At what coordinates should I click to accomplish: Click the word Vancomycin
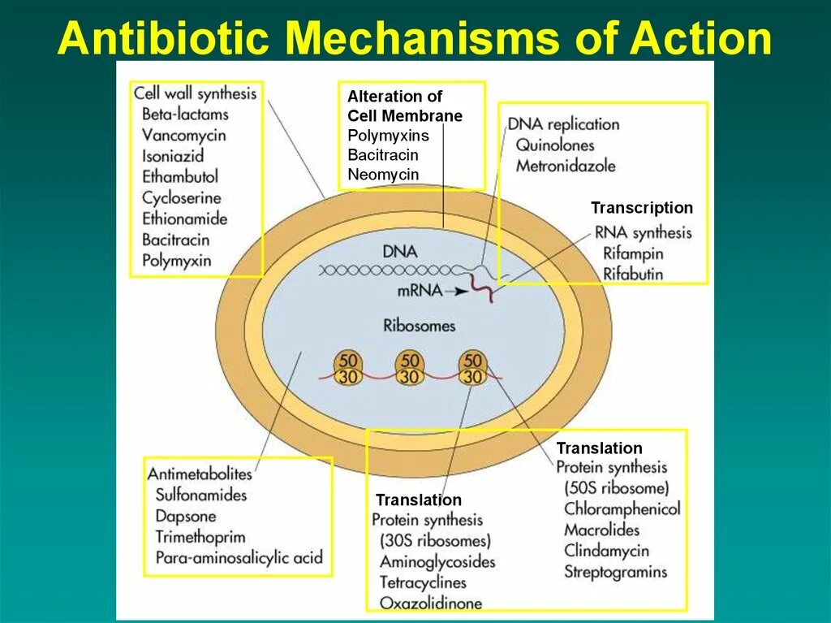pos(183,135)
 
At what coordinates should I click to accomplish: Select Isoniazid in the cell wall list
pos(172,156)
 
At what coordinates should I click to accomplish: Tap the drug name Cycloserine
pos(181,197)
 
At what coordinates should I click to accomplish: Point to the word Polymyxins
pos(388,136)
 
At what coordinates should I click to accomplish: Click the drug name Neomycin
pos(383,175)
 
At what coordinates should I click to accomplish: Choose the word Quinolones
pos(554,145)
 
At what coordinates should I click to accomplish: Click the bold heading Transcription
pos(642,208)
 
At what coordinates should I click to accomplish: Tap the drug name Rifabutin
pos(633,274)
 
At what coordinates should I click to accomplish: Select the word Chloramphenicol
pos(622,509)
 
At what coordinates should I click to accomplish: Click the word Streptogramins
pos(615,572)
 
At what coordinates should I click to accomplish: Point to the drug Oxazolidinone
pos(430,603)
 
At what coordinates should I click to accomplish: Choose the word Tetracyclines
pos(423,582)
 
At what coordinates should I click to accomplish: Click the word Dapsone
pos(186,516)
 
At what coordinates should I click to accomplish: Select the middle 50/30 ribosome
pos(411,368)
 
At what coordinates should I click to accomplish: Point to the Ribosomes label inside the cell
pos(420,326)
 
